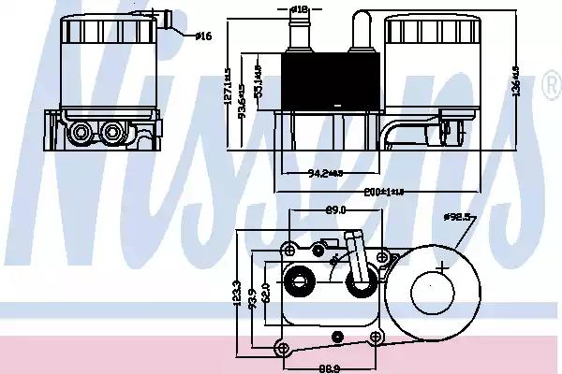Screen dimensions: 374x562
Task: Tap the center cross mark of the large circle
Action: tap(441, 269)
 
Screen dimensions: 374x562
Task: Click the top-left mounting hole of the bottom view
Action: tap(288, 249)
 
